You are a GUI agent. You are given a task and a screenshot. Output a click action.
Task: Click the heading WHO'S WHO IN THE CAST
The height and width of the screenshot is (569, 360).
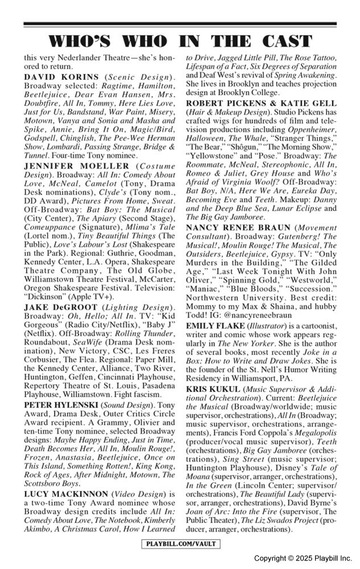(180, 41)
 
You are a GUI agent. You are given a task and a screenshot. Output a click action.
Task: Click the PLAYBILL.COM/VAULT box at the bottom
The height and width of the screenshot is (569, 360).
(180, 543)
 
